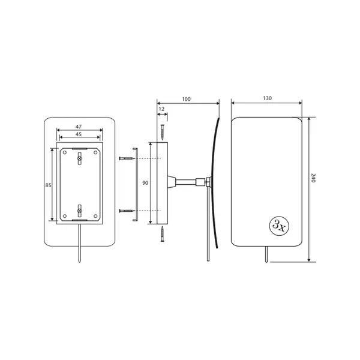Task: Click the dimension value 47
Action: (x=79, y=127)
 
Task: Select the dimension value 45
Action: (x=79, y=134)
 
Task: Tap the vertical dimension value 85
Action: (x=48, y=185)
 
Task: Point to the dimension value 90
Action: (x=145, y=183)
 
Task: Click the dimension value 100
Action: (x=186, y=99)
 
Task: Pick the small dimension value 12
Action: (x=161, y=109)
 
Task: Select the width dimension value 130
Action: (x=267, y=98)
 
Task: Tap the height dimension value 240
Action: (x=313, y=178)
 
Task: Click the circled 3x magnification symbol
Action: (x=279, y=226)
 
